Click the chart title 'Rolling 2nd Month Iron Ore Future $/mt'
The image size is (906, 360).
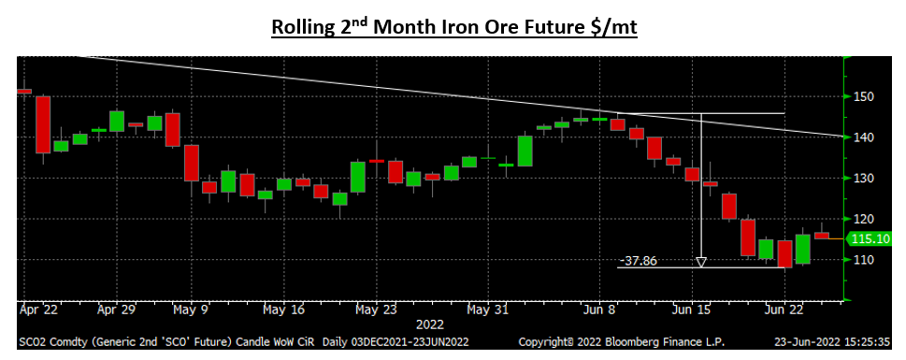pyautogui.click(x=453, y=26)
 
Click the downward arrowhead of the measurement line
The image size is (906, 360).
pyautogui.click(x=701, y=262)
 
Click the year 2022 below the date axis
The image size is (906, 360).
pyautogui.click(x=429, y=324)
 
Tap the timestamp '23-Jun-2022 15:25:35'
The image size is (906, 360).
pyautogui.click(x=836, y=342)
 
